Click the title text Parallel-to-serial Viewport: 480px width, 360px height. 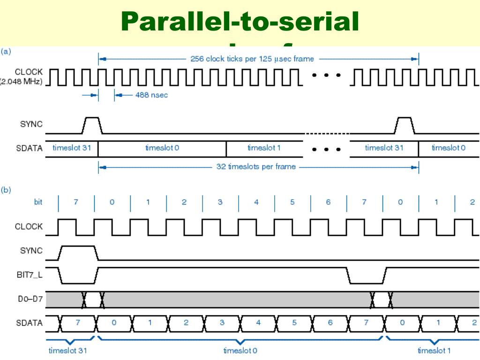pos(240,22)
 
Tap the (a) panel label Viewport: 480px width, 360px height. pos(7,51)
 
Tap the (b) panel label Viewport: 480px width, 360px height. pos(7,190)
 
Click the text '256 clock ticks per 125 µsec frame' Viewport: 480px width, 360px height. pos(252,59)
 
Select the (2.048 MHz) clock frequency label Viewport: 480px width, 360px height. pos(22,82)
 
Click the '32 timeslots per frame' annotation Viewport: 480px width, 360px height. pos(256,166)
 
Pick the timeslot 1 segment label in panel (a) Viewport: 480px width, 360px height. pos(264,148)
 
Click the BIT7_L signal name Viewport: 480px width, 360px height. pos(29,275)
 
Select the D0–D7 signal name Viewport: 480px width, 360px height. pos(30,299)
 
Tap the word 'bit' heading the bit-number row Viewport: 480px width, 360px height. pos(38,202)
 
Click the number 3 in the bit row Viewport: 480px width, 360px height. pos(220,202)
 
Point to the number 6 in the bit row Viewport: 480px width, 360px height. pos(328,202)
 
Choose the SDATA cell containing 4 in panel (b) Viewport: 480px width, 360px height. pos(258,322)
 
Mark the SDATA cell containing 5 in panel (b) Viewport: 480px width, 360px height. pos(294,322)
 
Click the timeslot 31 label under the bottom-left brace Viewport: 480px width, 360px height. pos(68,351)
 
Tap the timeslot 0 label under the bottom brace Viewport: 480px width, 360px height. pos(240,351)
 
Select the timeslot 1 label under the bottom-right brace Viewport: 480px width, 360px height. pos(434,351)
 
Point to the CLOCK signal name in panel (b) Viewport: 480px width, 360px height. pos(29,226)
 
